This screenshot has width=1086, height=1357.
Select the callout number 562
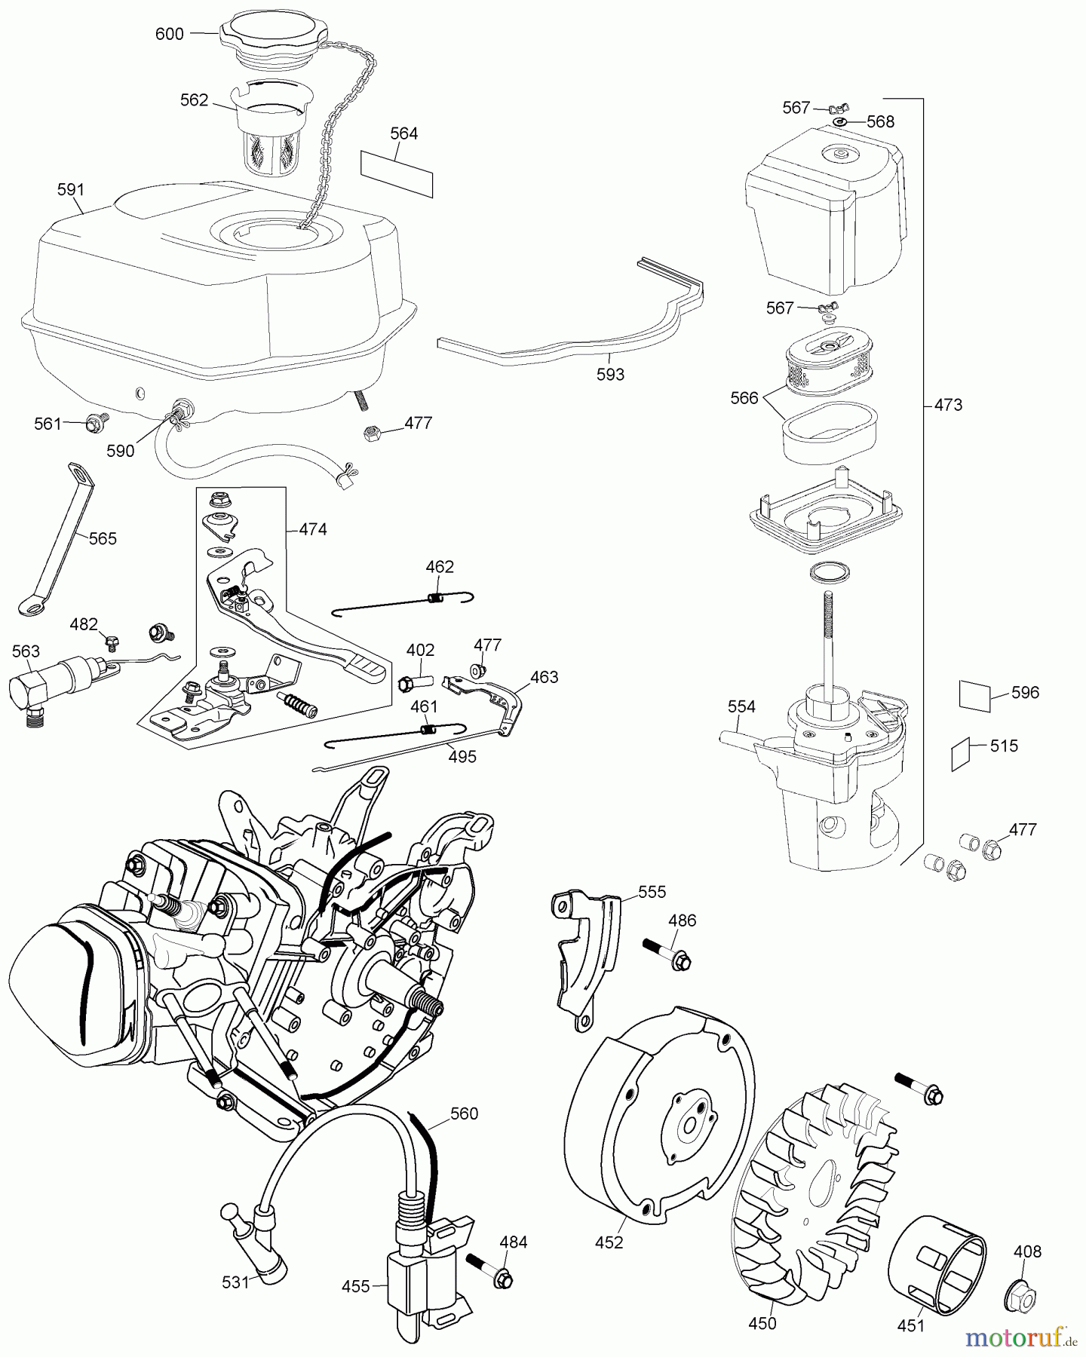click(194, 100)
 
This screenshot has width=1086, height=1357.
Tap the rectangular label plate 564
click(397, 173)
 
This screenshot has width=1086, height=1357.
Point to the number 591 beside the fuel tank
click(71, 190)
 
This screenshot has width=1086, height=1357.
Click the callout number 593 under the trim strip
click(610, 375)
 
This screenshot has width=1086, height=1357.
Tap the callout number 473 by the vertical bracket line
click(948, 405)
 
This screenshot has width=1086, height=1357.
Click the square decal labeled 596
click(974, 695)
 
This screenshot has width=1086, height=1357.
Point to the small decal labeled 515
click(959, 753)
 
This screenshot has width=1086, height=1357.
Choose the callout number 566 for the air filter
click(744, 398)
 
